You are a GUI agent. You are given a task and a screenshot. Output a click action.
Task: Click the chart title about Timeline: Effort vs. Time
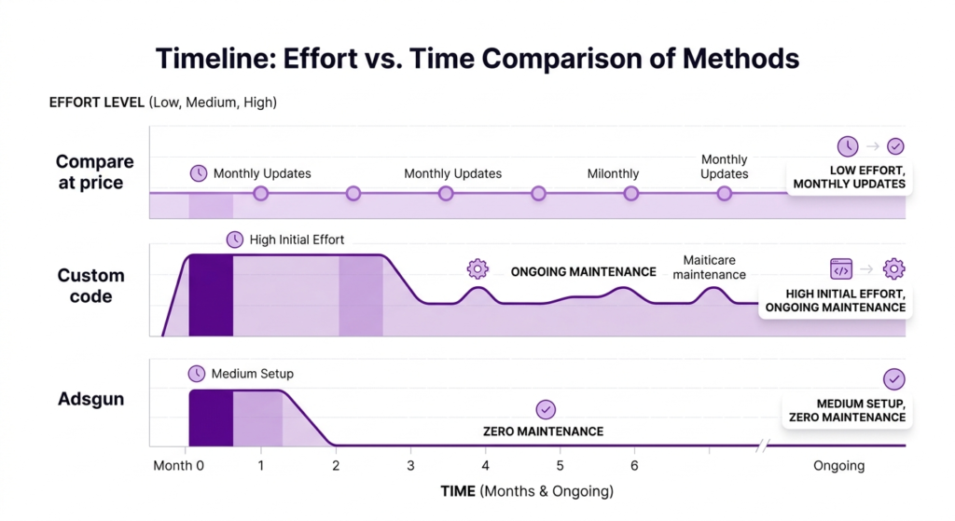pos(477,58)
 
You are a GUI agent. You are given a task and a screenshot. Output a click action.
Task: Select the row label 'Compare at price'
pos(94,172)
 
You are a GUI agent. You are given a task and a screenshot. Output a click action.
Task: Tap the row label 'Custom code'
pos(90,286)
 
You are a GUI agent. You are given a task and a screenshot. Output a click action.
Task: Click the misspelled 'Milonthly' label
pos(613,173)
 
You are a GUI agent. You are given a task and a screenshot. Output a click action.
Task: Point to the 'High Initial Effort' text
pos(297,240)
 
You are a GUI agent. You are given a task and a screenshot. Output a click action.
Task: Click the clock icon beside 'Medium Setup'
pos(196,374)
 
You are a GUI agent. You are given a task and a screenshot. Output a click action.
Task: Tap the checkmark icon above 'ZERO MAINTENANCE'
pos(546,409)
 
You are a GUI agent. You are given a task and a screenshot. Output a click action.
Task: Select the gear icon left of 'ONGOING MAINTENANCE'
pos(477,269)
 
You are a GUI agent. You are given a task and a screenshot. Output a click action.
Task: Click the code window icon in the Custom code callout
pos(840,269)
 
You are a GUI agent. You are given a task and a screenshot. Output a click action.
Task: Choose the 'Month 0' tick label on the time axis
pos(178,466)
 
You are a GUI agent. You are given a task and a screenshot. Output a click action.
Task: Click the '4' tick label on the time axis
pos(484,466)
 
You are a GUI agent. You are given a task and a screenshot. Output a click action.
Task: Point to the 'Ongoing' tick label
pos(838,466)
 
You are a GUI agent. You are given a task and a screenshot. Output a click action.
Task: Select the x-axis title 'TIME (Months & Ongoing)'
pos(527,491)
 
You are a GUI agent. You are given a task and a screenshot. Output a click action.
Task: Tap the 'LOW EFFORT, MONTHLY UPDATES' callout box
pos(848,177)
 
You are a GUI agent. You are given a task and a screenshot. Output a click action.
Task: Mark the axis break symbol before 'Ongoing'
pos(763,446)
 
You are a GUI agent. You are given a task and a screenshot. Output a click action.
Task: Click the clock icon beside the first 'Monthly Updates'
pos(199,173)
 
